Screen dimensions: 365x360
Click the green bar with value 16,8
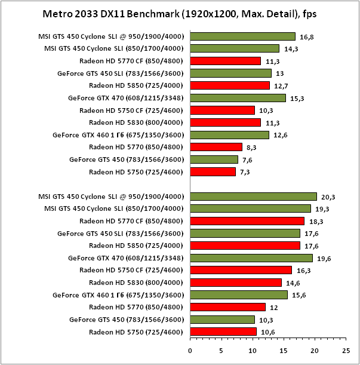(x=242, y=36)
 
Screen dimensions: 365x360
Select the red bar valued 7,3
(x=213, y=171)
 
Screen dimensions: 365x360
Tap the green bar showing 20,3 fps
(x=253, y=196)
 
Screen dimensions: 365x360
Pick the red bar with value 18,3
(x=247, y=221)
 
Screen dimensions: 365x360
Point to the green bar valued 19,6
(x=251, y=258)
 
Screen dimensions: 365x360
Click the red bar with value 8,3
(x=216, y=147)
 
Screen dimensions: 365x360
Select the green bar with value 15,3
(x=238, y=98)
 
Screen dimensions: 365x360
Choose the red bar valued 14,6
(x=236, y=283)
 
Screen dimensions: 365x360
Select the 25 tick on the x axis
(x=345, y=351)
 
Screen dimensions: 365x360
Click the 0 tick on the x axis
(x=190, y=351)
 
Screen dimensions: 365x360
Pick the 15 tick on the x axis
(x=283, y=351)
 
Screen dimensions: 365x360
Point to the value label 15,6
(x=298, y=295)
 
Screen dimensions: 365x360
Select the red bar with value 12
(x=227, y=307)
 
